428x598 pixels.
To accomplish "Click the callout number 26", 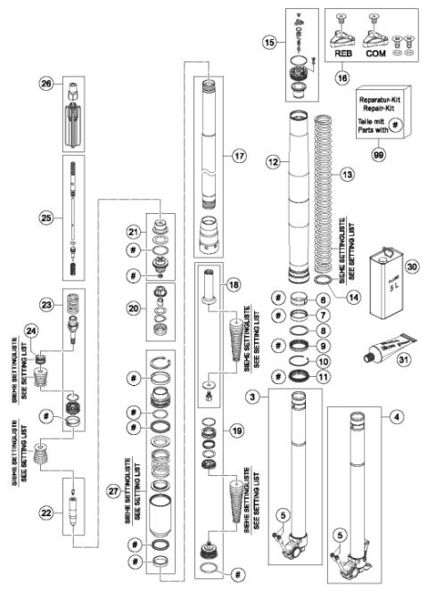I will click(45, 85).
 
